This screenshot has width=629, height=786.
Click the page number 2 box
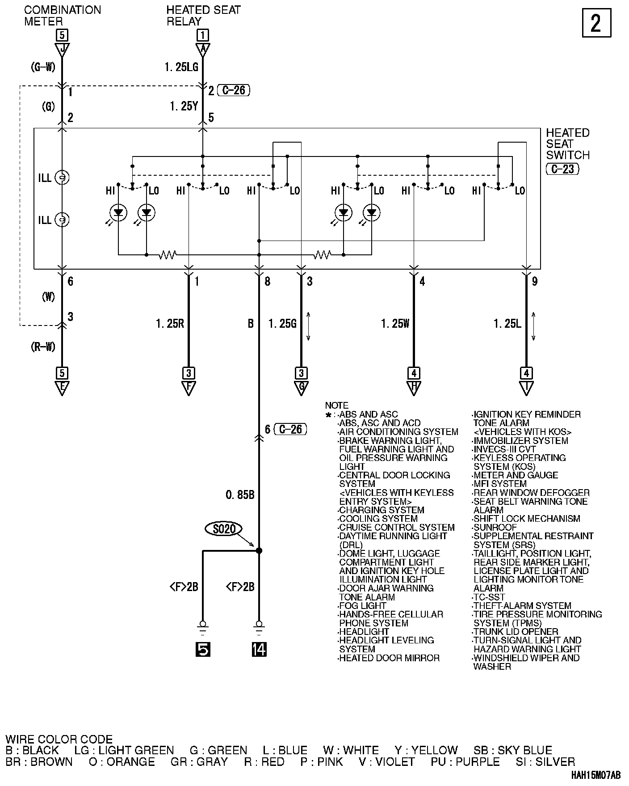coord(596,23)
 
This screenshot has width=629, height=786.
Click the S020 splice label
coord(224,529)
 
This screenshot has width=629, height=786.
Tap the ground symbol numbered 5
coord(203,649)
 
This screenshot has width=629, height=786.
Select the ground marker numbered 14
coord(259,649)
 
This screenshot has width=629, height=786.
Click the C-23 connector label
coord(562,169)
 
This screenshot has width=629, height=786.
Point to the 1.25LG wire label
coord(182,67)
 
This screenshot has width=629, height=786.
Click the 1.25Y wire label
coord(184,106)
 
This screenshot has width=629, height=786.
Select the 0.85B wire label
coord(240,495)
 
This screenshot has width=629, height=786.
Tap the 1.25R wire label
coord(170,323)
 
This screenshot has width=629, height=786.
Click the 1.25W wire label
coord(395,323)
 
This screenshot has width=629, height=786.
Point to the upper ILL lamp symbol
coord(61,178)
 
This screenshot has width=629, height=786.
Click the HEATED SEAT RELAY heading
coord(203,16)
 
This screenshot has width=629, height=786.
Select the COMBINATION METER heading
coord(63,16)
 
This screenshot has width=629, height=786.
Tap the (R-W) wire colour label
coord(43,347)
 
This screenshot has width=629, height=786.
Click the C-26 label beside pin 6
coord(290,430)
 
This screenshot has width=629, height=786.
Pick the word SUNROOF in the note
coord(495,528)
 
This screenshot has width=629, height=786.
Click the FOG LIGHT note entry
coord(362,606)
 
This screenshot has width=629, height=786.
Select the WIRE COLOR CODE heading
coord(59,740)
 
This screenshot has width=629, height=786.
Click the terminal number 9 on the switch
coord(535,281)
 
